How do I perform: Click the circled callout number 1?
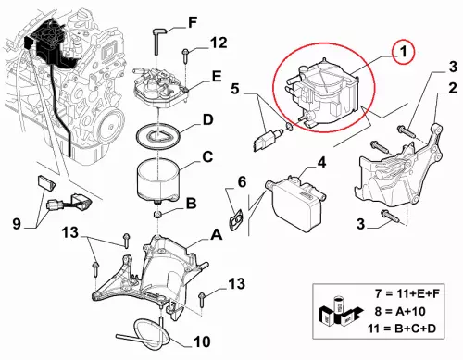[x=404, y=52]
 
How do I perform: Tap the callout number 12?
[x=219, y=43]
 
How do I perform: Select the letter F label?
[x=193, y=22]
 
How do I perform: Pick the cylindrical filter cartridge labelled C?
[x=157, y=180]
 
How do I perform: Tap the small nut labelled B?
[x=157, y=215]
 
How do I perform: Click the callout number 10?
[x=202, y=341]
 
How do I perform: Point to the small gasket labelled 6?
[x=236, y=218]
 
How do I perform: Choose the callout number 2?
[x=453, y=89]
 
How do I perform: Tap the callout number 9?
[x=17, y=223]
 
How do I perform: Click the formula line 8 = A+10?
[x=400, y=311]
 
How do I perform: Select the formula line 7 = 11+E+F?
[x=407, y=293]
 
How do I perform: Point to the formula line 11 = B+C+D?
[x=402, y=329]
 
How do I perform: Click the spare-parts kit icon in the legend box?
[x=340, y=312]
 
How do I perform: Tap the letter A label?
[x=216, y=235]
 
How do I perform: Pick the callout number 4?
[x=321, y=163]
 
